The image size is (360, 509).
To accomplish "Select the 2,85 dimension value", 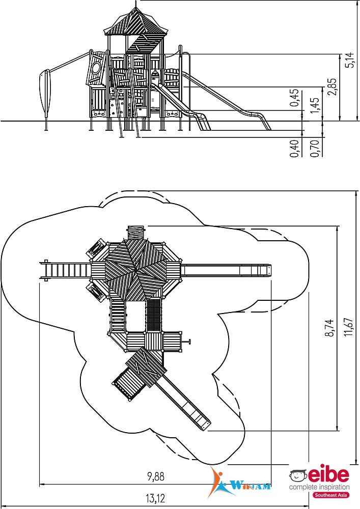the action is point(332,87).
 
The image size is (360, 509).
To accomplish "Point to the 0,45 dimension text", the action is point(294,98).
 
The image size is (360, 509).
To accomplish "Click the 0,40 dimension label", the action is point(294,148).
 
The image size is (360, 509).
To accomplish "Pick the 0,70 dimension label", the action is point(315,148).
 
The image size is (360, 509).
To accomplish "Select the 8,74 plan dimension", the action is point(329,328).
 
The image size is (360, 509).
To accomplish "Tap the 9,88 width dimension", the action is point(156,476).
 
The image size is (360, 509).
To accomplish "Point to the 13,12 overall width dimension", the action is point(156,497).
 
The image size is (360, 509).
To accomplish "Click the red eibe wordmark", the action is point(328,475).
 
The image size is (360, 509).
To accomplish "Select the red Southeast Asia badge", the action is point(331,495).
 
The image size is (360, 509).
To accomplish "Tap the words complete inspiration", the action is point(319,487).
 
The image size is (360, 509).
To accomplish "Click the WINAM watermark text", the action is point(252,486).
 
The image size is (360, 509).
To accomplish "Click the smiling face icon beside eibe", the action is point(298,475).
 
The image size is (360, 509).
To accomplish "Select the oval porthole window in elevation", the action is point(96,69).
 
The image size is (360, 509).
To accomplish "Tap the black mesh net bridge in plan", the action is point(154,315).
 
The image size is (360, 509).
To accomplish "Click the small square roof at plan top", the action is point(135,232).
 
